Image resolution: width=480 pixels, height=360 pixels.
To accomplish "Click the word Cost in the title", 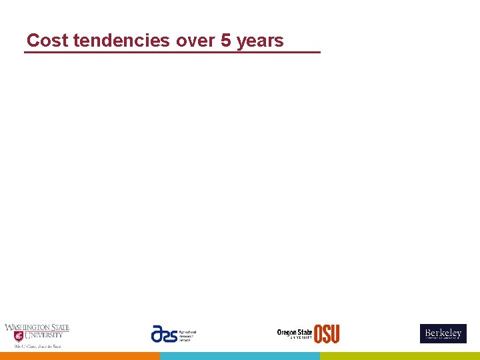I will tap(48, 41).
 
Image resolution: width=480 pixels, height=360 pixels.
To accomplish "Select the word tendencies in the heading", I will tap(121, 41).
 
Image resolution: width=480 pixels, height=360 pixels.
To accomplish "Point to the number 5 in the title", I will tap(226, 41).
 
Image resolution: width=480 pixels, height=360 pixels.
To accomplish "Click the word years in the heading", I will tap(260, 41).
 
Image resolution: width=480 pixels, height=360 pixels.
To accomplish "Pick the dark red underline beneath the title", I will tap(172, 52).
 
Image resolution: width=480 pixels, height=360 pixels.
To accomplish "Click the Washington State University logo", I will tap(37, 335).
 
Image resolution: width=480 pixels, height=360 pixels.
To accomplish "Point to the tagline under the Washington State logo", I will tap(37, 347).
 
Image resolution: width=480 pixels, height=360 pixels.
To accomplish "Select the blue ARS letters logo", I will tap(164, 333).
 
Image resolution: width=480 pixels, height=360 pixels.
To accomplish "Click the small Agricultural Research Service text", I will tap(187, 335).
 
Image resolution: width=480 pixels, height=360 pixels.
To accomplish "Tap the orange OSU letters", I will tap(327, 334).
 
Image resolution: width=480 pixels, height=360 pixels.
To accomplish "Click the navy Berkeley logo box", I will tap(443, 333).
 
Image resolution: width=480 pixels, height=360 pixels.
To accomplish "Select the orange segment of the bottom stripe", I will tap(80, 356).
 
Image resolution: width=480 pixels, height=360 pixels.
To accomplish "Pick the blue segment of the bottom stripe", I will tap(240, 356).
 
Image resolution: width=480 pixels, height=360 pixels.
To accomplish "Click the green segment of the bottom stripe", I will tap(400, 356).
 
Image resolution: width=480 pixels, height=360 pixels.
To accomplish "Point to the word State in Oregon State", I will tap(305, 332).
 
